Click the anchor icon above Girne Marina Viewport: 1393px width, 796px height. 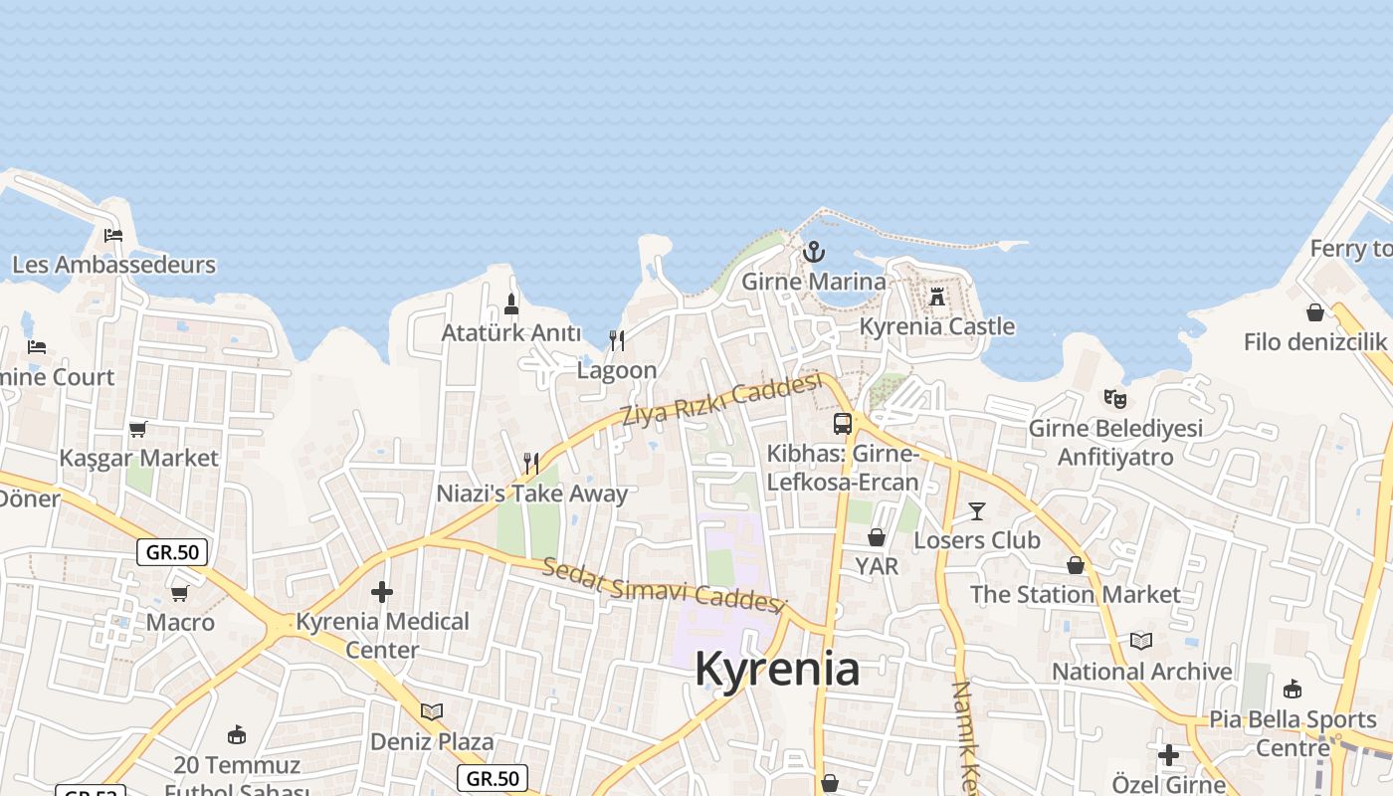pyautogui.click(x=814, y=252)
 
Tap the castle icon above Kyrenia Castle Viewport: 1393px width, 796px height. pyautogui.click(x=936, y=297)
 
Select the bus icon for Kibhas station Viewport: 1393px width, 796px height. pyautogui.click(x=843, y=424)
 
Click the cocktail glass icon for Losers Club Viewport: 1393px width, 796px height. pyautogui.click(x=977, y=511)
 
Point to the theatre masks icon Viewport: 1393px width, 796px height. pyautogui.click(x=1115, y=399)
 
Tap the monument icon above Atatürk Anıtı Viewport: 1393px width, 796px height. pyautogui.click(x=511, y=303)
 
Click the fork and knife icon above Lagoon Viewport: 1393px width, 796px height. pyautogui.click(x=617, y=340)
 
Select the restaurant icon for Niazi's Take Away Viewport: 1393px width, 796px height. pyautogui.click(x=531, y=464)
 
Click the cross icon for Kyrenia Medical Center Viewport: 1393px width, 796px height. pyautogui.click(x=382, y=592)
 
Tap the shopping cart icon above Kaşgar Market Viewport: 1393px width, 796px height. pyautogui.click(x=138, y=429)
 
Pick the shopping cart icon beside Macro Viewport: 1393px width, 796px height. pyautogui.click(x=180, y=594)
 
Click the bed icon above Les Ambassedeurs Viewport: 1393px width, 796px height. pyautogui.click(x=113, y=236)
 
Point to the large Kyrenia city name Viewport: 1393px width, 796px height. pyautogui.click(x=777, y=669)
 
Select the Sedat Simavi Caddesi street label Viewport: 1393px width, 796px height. pyautogui.click(x=664, y=587)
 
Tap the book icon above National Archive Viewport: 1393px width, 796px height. pyautogui.click(x=1141, y=642)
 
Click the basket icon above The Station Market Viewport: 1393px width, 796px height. pyautogui.click(x=1076, y=565)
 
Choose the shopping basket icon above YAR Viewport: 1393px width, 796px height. pyautogui.click(x=877, y=537)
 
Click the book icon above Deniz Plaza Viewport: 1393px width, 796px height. pyautogui.click(x=432, y=711)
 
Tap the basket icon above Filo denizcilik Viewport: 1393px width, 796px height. pyautogui.click(x=1315, y=312)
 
